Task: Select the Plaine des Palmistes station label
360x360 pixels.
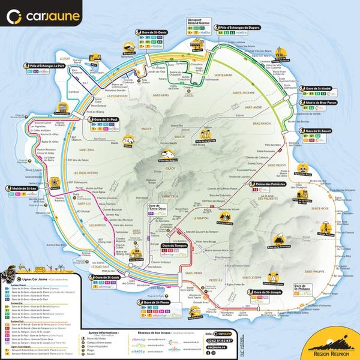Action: (x=272, y=184)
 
